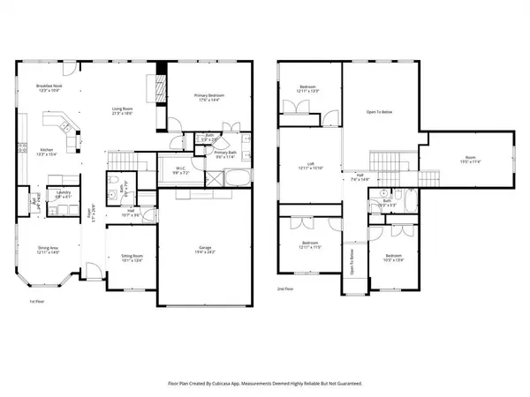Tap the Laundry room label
(63, 194)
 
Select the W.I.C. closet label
(180, 171)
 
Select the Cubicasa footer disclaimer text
(265, 384)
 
